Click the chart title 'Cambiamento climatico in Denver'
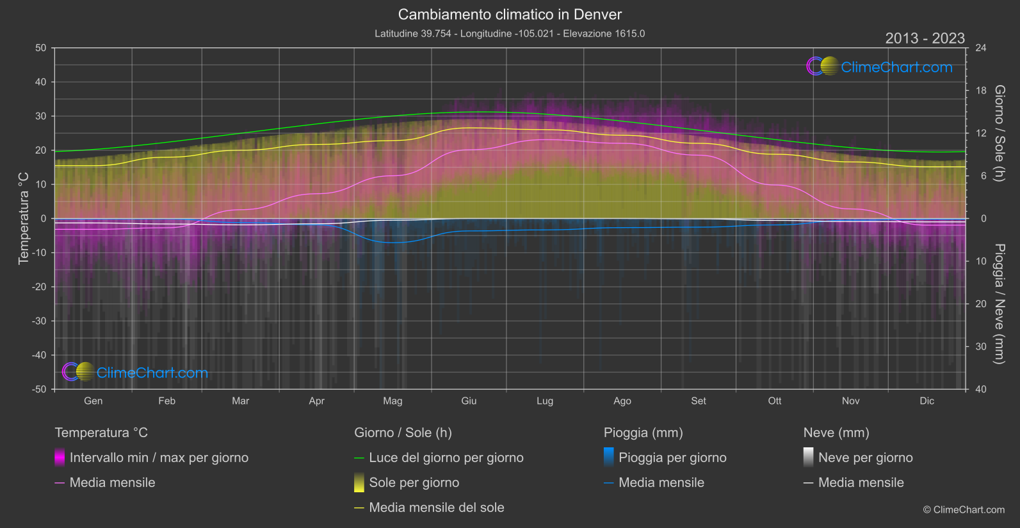[x=510, y=14]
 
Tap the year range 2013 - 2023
[x=925, y=38]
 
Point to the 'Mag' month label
[x=393, y=401]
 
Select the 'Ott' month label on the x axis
[x=775, y=401]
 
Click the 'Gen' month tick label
[x=93, y=401]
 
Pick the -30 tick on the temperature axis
[x=39, y=321]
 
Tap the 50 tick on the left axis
[x=41, y=48]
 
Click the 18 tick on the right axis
[x=981, y=91]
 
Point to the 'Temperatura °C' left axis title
[x=24, y=218]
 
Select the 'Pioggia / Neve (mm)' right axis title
[x=999, y=304]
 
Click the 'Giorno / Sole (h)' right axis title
[x=999, y=133]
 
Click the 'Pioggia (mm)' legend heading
[x=643, y=433]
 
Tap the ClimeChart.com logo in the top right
[x=879, y=67]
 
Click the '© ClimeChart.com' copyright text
[x=964, y=510]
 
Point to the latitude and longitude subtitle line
[x=510, y=34]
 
